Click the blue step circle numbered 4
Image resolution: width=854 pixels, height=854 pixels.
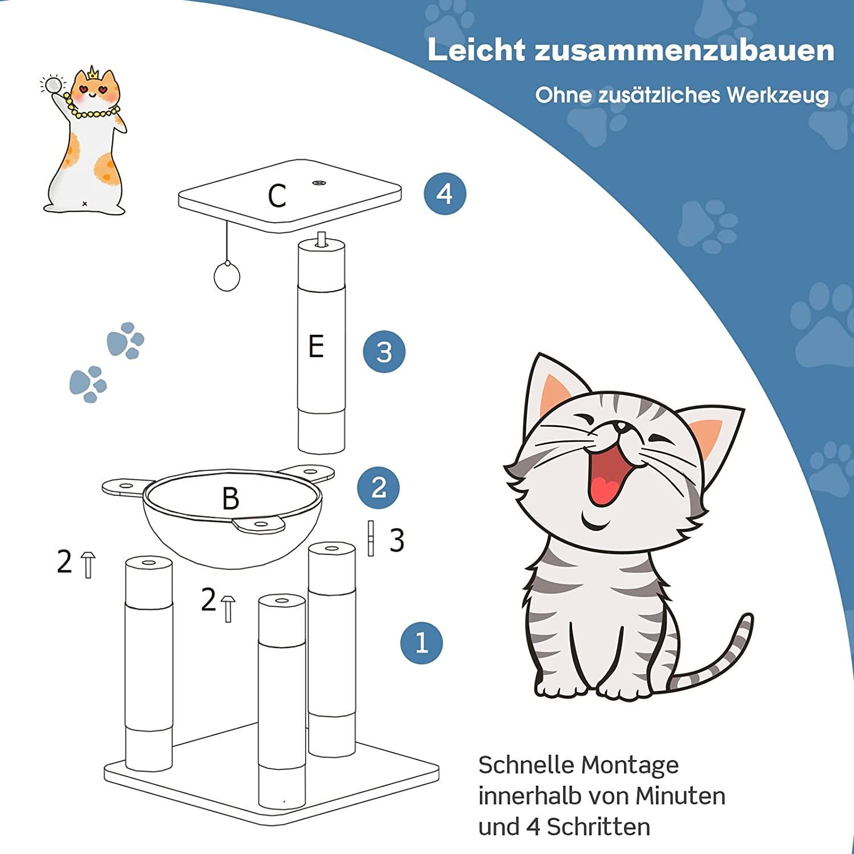point(445,194)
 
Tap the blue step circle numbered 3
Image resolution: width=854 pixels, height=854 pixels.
point(384,351)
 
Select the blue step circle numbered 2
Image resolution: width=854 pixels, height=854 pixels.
point(379,487)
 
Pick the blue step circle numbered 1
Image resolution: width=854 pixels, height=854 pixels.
point(421,642)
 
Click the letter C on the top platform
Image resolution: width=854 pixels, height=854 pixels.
point(277,196)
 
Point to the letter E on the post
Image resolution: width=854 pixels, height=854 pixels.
point(316,346)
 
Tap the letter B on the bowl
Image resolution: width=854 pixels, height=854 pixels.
point(231,499)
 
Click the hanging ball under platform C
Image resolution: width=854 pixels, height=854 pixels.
point(227,276)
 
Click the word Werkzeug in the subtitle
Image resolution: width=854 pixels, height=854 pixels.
point(777,95)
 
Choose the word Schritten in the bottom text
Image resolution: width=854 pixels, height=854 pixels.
point(599,827)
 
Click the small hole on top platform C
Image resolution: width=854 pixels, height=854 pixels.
point(318,183)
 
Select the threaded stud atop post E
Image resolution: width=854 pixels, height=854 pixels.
point(322,239)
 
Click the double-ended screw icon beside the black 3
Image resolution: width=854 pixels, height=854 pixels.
point(371,538)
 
